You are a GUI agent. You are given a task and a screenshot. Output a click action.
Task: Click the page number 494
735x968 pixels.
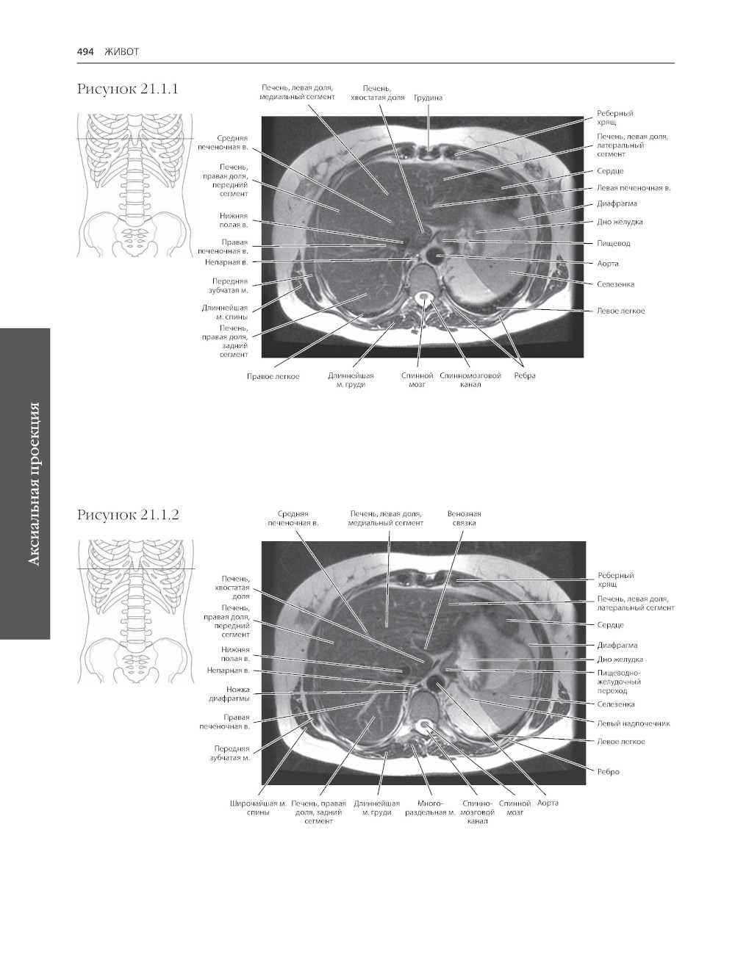85,51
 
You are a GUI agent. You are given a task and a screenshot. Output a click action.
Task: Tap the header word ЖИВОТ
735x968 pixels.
122,51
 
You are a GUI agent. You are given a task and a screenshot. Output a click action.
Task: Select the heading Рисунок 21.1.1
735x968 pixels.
128,89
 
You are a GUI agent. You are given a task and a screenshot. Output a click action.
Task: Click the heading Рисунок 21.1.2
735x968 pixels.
128,515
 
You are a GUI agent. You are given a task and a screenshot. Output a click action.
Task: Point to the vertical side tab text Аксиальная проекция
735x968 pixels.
32,484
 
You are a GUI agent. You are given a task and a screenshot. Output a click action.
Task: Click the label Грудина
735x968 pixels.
428,98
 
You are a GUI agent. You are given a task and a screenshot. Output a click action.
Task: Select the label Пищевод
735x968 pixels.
613,243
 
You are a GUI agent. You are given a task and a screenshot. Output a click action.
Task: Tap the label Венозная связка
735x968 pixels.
464,519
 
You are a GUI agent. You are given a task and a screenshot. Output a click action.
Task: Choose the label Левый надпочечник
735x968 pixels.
633,723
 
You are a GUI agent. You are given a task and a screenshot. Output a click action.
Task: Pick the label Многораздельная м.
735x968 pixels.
430,808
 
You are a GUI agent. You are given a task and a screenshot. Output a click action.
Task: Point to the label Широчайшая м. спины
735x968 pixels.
258,808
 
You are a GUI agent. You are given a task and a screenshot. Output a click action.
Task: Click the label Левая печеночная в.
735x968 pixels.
634,188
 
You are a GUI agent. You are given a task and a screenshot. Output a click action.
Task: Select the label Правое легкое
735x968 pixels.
273,376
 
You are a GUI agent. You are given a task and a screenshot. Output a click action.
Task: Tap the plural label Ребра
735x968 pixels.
525,376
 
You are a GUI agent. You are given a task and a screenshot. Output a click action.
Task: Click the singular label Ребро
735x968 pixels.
608,772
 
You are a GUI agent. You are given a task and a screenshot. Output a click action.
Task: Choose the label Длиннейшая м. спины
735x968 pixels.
225,312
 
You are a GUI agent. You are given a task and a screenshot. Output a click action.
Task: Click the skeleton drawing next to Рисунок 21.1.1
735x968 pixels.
135,184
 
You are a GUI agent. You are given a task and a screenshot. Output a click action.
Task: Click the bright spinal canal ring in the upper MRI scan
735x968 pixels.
424,299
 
